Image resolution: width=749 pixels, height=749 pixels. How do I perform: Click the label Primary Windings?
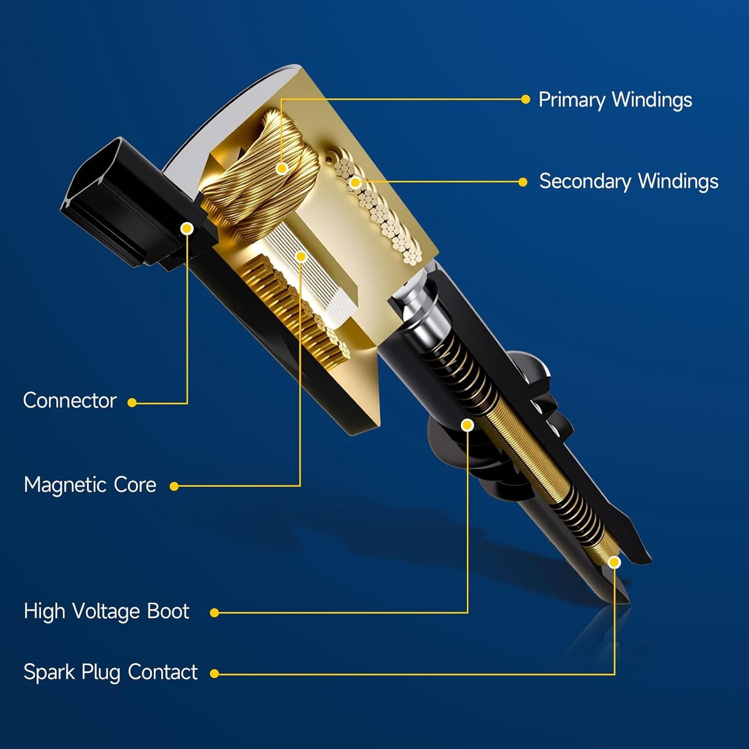click(x=615, y=100)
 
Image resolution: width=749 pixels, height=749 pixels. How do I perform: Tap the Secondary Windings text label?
click(x=629, y=181)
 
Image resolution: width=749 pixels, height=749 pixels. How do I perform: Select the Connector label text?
click(x=69, y=400)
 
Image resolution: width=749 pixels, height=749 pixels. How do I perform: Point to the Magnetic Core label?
click(x=90, y=485)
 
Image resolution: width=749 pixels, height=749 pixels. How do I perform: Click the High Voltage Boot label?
click(x=106, y=611)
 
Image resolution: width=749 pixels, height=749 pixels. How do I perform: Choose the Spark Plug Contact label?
click(x=110, y=672)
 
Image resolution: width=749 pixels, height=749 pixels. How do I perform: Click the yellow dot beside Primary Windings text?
click(x=525, y=100)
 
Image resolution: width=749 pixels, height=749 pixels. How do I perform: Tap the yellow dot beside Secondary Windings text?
click(x=523, y=182)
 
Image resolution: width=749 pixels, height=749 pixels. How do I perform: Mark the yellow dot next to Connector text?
click(x=132, y=403)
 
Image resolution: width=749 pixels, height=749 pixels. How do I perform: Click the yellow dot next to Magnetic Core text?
click(x=174, y=486)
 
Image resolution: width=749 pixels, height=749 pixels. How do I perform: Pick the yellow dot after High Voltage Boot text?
click(x=214, y=613)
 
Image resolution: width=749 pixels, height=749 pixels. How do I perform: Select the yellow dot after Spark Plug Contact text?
click(x=214, y=674)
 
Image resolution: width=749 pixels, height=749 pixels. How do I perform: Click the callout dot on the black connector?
click(x=187, y=229)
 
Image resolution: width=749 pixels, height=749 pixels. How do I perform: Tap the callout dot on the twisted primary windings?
click(x=282, y=168)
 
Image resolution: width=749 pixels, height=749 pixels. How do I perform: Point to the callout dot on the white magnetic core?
click(x=301, y=256)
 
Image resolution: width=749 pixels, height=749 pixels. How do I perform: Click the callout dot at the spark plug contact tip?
click(x=615, y=562)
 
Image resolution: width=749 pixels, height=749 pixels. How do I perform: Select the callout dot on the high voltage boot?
click(x=468, y=425)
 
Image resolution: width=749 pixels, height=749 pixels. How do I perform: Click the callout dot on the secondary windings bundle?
click(x=355, y=182)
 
